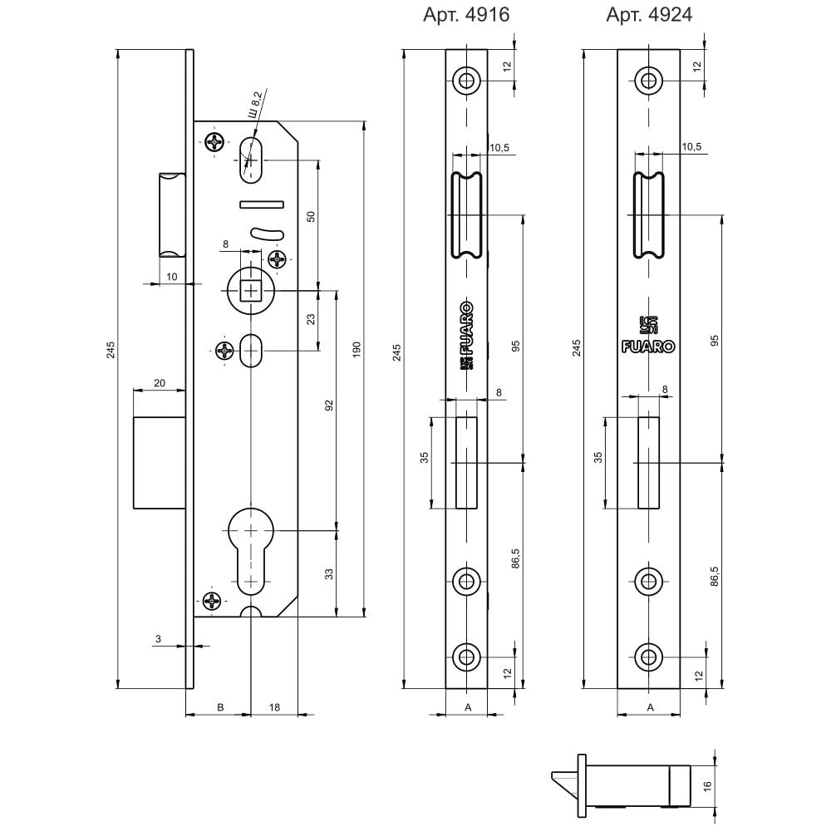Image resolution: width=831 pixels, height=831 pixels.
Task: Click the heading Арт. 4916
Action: pos(466,15)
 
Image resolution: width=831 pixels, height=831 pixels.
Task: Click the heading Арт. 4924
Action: pos(649,15)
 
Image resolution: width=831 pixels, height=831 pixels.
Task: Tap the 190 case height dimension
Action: pos(356,349)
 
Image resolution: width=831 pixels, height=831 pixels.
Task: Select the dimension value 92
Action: pos(329,405)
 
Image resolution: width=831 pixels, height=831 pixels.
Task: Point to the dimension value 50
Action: pos(311,216)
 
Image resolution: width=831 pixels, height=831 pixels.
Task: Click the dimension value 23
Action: pos(311,319)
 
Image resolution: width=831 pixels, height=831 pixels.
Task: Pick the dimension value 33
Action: pos(329,574)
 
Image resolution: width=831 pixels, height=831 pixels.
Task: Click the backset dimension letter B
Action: pos(221,707)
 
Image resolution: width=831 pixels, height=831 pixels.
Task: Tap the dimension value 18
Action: pos(274,707)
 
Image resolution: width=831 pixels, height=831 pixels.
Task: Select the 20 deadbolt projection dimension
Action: pos(160,383)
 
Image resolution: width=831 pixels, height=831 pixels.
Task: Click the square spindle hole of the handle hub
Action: pos(251,290)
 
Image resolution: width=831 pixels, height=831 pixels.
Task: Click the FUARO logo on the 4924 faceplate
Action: pos(648,347)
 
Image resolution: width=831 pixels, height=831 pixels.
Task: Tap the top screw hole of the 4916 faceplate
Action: pos(466,81)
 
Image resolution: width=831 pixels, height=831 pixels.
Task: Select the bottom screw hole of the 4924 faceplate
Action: pos(648,657)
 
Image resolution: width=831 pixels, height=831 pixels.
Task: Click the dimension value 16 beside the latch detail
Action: pos(707,786)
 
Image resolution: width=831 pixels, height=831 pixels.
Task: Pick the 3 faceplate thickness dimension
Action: pos(158,639)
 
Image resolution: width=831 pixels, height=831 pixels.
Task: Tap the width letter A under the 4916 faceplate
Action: pos(468,707)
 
